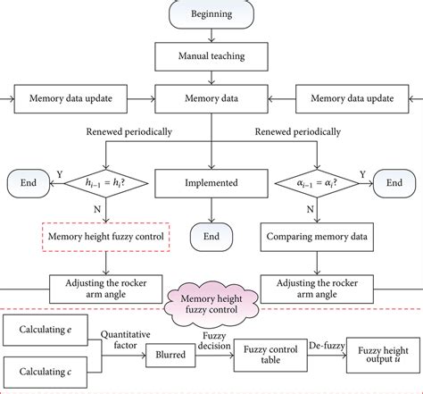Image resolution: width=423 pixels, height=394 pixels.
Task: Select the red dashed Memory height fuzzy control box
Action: coord(106,238)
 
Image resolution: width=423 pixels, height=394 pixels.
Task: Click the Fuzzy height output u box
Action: coord(382,352)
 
